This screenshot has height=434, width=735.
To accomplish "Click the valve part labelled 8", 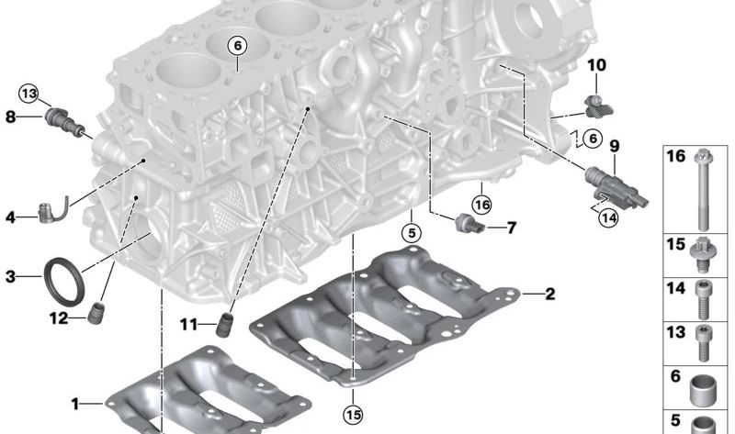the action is [65, 122].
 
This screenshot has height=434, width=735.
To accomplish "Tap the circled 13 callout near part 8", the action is [28, 94].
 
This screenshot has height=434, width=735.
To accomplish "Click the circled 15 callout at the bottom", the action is [353, 415].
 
